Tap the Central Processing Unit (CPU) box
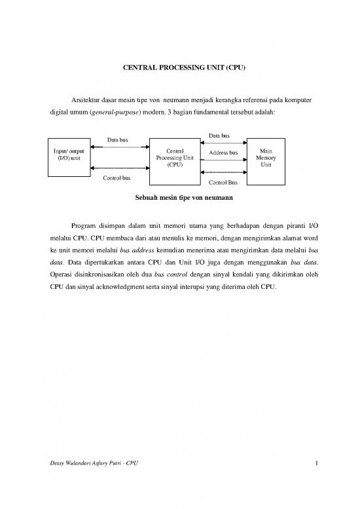coord(175,157)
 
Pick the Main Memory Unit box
coord(266,157)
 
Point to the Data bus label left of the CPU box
coord(117,140)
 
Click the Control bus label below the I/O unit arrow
coord(117,178)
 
